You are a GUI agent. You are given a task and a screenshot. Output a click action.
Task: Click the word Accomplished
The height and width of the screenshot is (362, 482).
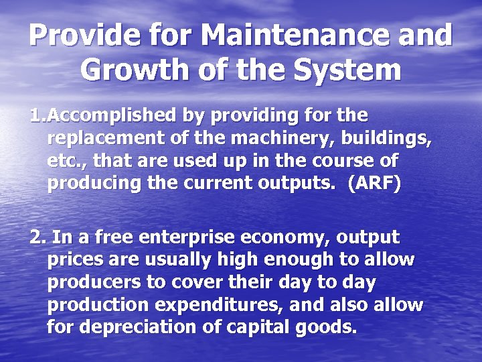[x=112, y=116]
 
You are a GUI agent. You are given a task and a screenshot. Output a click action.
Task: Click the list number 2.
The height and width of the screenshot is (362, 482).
[x=37, y=237]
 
